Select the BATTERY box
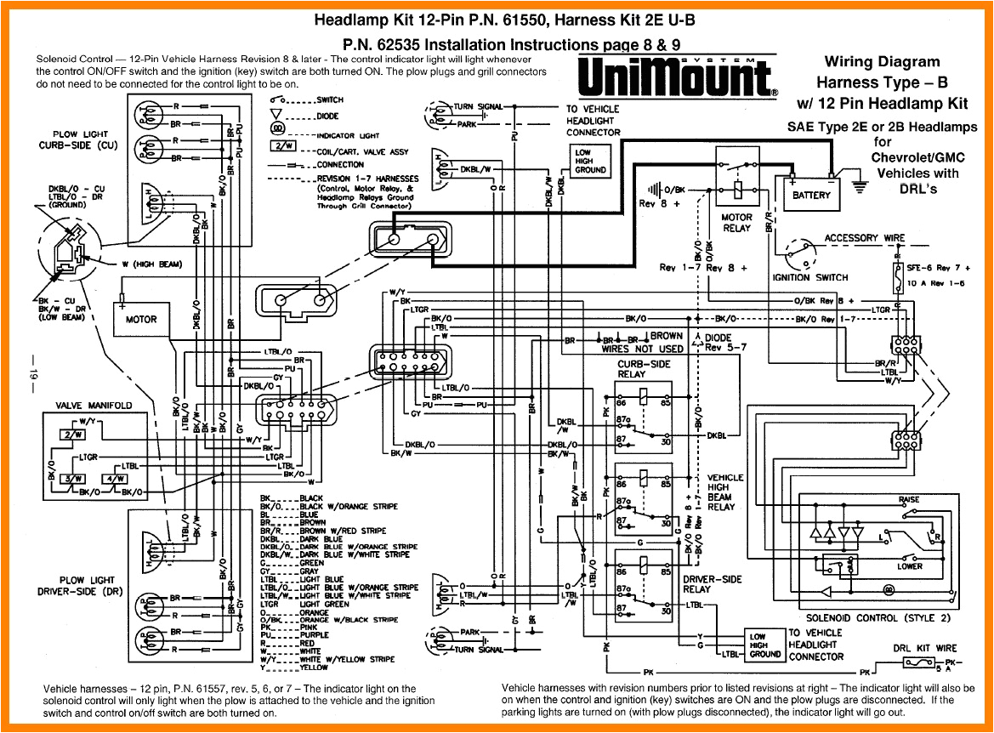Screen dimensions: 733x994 tap(811, 195)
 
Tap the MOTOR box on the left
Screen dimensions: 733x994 tap(141, 320)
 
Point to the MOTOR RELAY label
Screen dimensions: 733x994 tap(736, 223)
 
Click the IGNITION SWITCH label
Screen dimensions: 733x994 tap(809, 277)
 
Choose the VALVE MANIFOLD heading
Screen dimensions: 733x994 tap(94, 406)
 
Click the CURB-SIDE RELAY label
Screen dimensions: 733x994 tap(643, 369)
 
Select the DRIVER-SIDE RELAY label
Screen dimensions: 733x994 tap(713, 584)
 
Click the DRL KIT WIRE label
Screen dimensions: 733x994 tap(924, 648)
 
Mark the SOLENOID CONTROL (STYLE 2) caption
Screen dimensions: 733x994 tap(878, 617)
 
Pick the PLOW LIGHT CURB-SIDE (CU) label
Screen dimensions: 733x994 tap(77, 139)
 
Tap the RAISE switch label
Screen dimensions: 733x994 tap(908, 499)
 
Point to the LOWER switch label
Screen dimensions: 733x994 tap(909, 566)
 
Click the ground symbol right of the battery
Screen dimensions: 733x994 tap(861, 185)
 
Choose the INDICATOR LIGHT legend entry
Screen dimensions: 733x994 tap(348, 135)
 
